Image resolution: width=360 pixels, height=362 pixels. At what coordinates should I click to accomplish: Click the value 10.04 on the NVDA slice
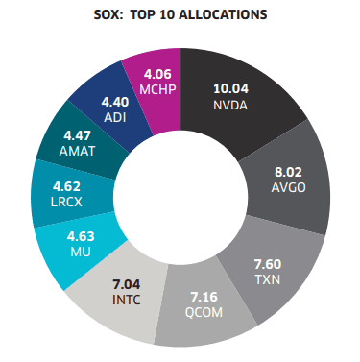coord(230,88)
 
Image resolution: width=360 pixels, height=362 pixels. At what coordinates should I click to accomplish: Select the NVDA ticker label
coord(230,104)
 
